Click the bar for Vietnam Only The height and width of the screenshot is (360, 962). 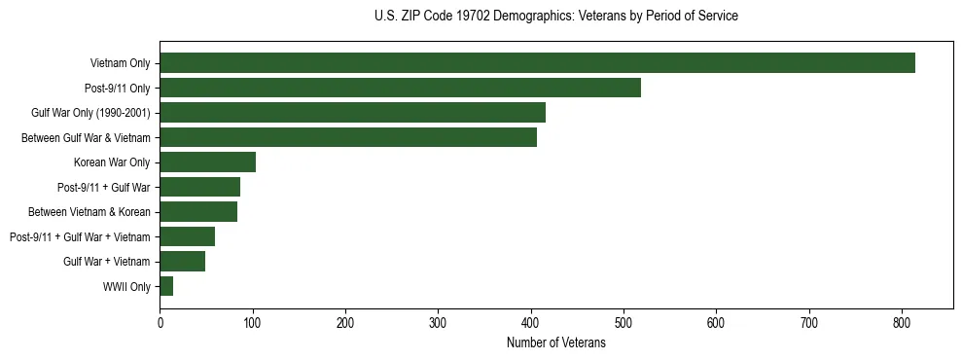click(537, 63)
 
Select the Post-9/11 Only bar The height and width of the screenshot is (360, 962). click(400, 88)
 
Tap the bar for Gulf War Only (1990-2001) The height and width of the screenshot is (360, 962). click(352, 113)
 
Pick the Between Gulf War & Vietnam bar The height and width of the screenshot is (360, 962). click(348, 137)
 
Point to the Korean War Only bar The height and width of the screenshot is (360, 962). click(207, 162)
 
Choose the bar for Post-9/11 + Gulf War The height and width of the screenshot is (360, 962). click(199, 187)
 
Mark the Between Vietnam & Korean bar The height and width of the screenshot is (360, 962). click(198, 212)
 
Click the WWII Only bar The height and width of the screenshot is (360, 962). click(166, 286)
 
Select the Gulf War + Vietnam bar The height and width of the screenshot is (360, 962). click(182, 262)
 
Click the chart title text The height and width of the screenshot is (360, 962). click(555, 17)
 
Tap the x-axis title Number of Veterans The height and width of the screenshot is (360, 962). click(555, 343)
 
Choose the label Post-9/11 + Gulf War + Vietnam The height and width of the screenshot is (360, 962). click(80, 237)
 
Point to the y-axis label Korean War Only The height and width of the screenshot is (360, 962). click(112, 162)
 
